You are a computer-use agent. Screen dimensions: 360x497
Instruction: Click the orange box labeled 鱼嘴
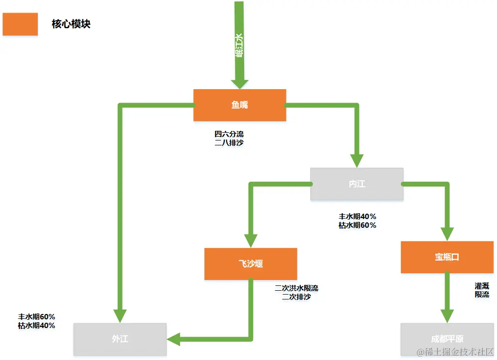(239, 105)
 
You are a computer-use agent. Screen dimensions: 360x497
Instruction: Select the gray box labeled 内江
(357, 184)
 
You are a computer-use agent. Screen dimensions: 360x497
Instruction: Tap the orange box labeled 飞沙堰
(250, 264)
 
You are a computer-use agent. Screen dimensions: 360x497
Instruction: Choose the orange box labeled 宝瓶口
(447, 257)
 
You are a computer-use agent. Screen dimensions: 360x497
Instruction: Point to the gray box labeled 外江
(120, 339)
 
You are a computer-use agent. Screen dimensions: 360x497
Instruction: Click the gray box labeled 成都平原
(447, 339)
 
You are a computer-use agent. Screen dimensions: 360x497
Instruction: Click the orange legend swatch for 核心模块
(20, 24)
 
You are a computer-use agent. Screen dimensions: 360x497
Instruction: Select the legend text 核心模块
(71, 24)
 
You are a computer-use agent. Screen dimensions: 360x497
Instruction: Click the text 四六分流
(229, 134)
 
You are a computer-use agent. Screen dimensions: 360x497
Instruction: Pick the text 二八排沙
(229, 143)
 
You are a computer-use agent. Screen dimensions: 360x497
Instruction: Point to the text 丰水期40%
(357, 217)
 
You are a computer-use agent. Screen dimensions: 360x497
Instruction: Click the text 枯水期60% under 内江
(357, 225)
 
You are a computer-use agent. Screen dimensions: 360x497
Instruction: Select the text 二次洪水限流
(296, 288)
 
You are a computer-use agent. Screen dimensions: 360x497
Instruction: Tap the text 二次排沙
(296, 297)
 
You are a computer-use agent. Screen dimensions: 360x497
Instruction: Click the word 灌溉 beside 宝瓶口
(481, 286)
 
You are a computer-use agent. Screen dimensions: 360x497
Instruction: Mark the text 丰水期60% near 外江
(37, 317)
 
